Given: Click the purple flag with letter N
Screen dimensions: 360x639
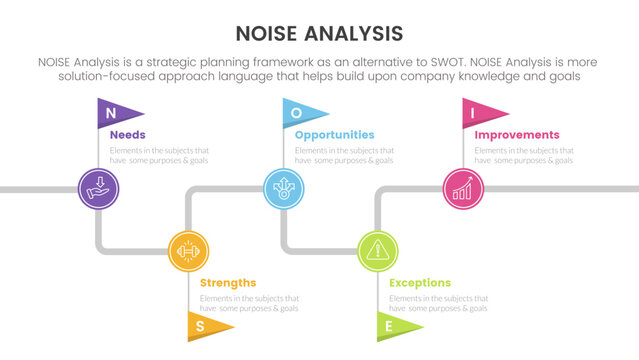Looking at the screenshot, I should click(x=117, y=113).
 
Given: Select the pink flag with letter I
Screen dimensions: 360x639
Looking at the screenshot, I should click(x=481, y=113).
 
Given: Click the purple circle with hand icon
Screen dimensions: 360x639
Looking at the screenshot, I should click(x=99, y=187).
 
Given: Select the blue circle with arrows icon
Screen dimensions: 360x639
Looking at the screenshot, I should click(x=283, y=187).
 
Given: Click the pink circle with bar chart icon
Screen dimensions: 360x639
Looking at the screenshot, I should click(x=463, y=187).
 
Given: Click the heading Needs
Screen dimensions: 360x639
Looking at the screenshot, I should click(x=128, y=135).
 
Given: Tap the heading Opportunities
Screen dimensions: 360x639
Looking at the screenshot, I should click(x=334, y=135).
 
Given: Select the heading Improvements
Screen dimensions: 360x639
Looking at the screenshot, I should click(x=516, y=135).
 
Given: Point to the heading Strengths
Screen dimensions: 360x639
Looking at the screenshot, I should click(x=227, y=283).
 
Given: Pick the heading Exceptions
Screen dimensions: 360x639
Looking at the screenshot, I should click(x=419, y=283).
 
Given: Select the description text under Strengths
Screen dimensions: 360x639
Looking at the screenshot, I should click(x=249, y=303).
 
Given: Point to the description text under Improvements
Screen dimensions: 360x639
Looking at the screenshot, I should click(x=524, y=155).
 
